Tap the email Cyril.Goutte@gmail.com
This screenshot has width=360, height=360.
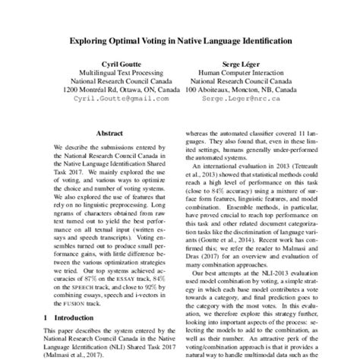pyautogui.click(x=120, y=99)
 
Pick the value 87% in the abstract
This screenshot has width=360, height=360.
pyautogui.click(x=87, y=279)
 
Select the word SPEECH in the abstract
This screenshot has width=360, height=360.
pyautogui.click(x=73, y=289)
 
